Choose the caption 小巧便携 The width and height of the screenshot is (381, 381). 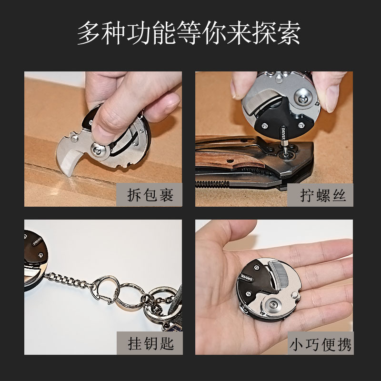pyautogui.click(x=322, y=343)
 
